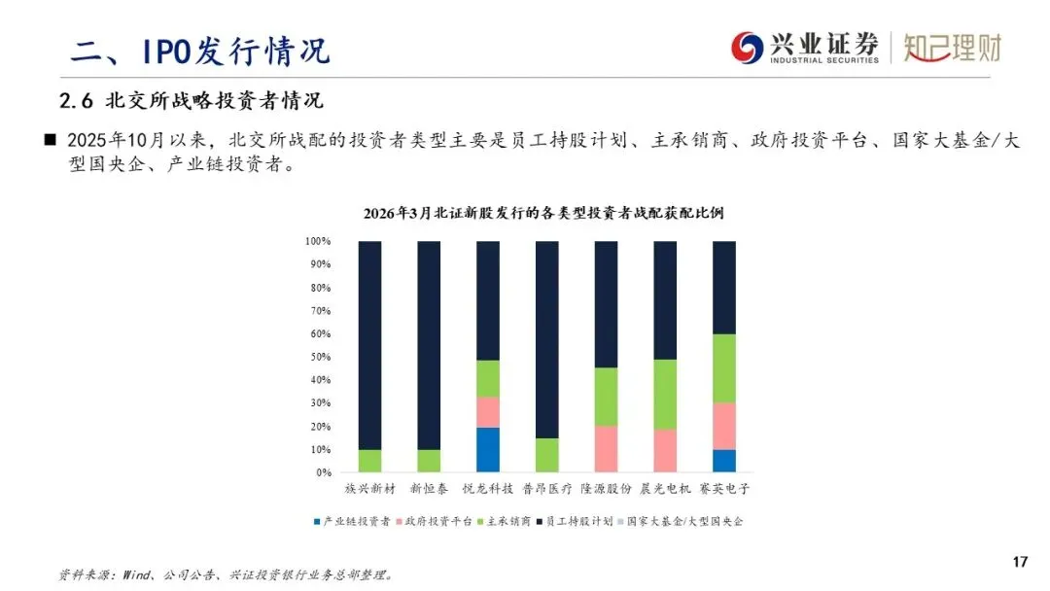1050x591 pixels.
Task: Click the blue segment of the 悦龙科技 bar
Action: [488, 450]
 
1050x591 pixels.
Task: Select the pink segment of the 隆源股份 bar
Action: [606, 449]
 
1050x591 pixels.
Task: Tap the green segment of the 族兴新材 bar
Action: [369, 461]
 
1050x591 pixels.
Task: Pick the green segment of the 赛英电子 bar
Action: [724, 368]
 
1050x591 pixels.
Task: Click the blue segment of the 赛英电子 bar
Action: [724, 461]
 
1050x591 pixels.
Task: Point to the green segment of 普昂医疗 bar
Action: [547, 455]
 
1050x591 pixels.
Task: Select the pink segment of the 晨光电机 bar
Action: [665, 451]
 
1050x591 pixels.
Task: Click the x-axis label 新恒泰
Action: [429, 489]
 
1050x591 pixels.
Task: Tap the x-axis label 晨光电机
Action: [665, 489]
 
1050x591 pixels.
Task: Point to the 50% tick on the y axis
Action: [319, 357]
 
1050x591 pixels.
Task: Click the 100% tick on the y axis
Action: [317, 241]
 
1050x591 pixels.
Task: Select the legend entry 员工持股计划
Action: [579, 522]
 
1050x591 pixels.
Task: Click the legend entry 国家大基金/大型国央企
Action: [684, 522]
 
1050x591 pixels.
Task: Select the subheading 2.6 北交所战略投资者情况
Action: [191, 100]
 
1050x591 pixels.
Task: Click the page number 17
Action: [1020, 562]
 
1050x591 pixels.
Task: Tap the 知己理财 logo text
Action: [952, 48]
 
